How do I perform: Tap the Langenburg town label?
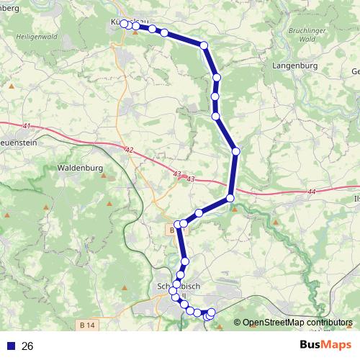click(294, 65)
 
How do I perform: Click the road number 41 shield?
click(27, 127)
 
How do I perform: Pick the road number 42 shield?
click(129, 150)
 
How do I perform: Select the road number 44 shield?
click(311, 192)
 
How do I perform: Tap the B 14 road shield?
click(88, 325)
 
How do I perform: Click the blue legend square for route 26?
click(9, 346)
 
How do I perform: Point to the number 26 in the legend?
click(27, 346)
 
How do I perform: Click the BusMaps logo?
click(325, 346)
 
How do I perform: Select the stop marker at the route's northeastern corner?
click(204, 45)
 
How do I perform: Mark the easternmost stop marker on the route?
click(235, 150)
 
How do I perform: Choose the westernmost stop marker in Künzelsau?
click(124, 24)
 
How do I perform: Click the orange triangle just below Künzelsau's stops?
click(134, 33)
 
